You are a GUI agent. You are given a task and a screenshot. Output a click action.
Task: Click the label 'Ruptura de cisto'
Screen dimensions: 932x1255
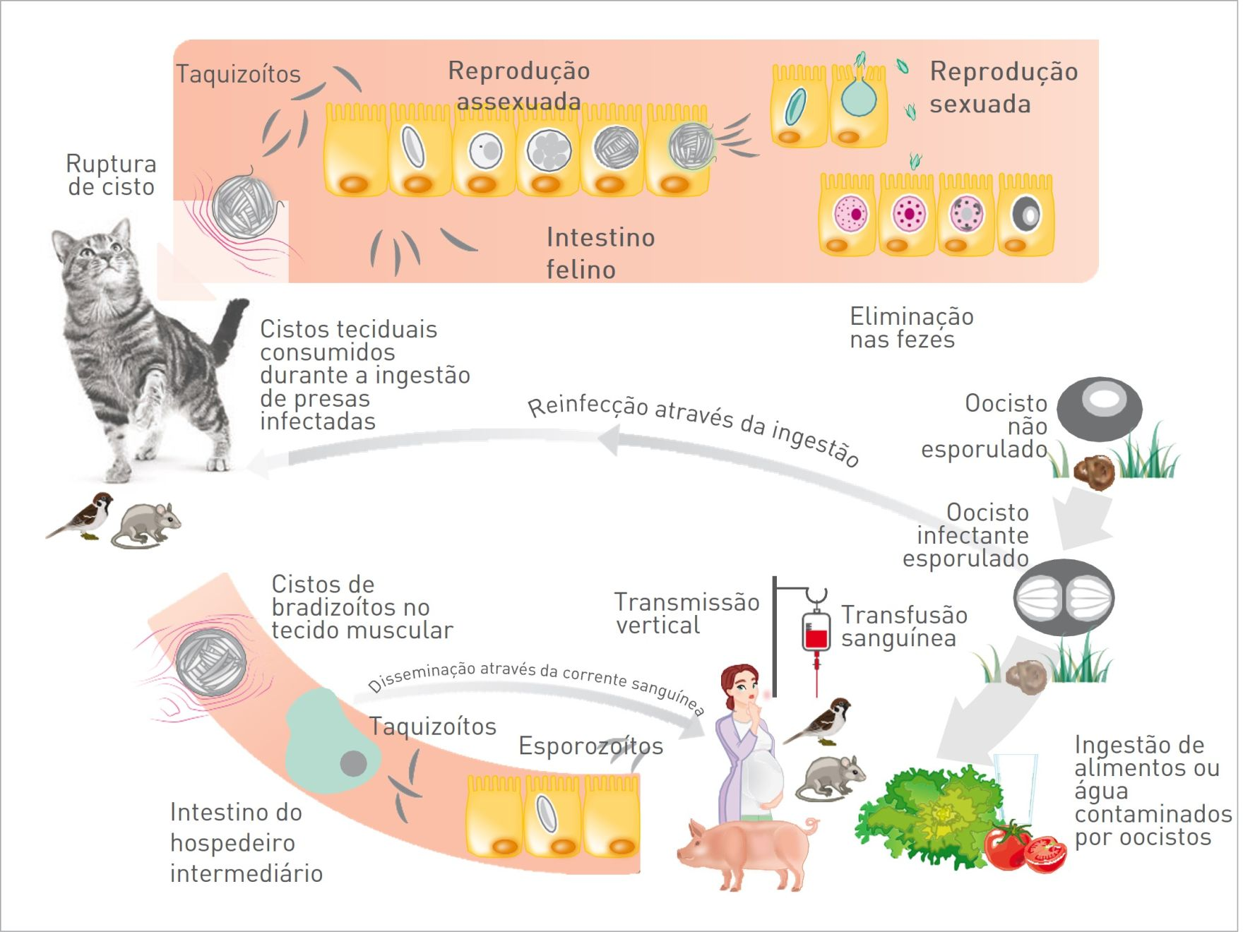click(111, 174)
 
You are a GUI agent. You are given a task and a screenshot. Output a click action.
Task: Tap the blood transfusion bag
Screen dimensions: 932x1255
click(816, 631)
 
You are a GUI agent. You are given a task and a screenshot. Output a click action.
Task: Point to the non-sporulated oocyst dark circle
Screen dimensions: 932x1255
click(1099, 408)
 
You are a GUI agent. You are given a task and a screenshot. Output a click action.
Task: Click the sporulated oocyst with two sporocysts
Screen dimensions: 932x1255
click(1064, 597)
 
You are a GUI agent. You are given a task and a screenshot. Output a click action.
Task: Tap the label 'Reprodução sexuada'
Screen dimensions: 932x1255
click(1003, 88)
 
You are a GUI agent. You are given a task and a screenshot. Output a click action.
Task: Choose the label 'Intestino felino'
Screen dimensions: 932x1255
click(600, 253)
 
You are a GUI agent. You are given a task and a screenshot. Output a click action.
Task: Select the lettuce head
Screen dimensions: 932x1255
click(932, 819)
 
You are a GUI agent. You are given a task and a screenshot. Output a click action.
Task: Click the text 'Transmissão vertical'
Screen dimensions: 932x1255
click(686, 613)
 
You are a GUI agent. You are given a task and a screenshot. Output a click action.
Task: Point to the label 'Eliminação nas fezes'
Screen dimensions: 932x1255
click(911, 328)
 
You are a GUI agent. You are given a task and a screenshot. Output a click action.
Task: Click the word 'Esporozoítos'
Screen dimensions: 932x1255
click(590, 746)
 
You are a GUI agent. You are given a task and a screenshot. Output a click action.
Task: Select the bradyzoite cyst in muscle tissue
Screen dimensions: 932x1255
click(211, 663)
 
